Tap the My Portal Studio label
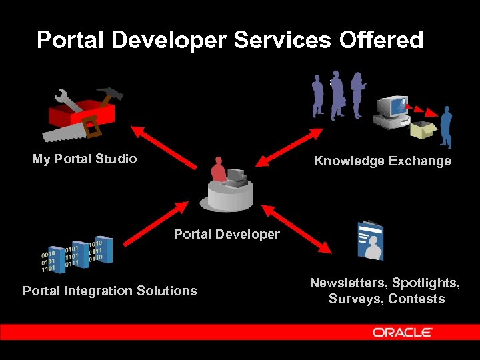point(85,159)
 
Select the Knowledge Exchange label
point(382,161)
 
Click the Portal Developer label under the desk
point(227,234)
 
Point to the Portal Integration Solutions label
point(110,291)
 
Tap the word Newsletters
point(347,283)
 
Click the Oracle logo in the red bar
point(402,332)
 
